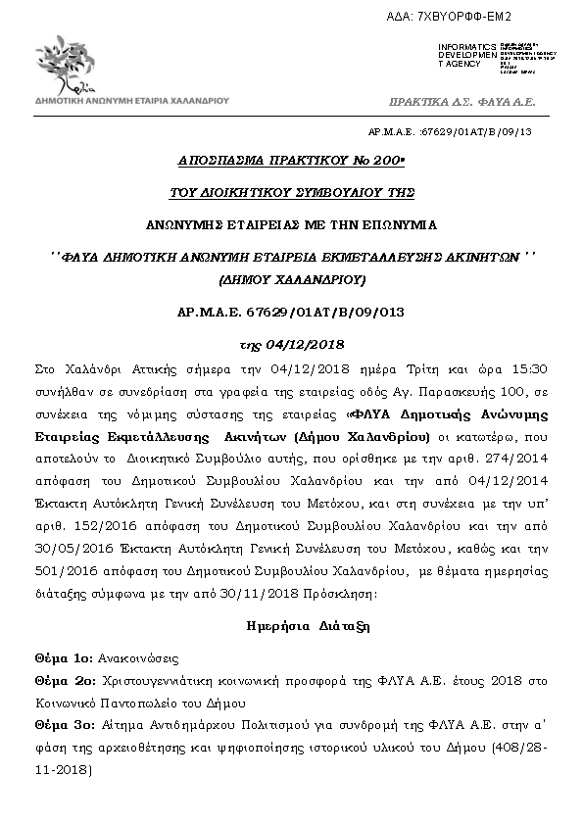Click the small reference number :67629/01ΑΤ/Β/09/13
(x=479, y=131)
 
